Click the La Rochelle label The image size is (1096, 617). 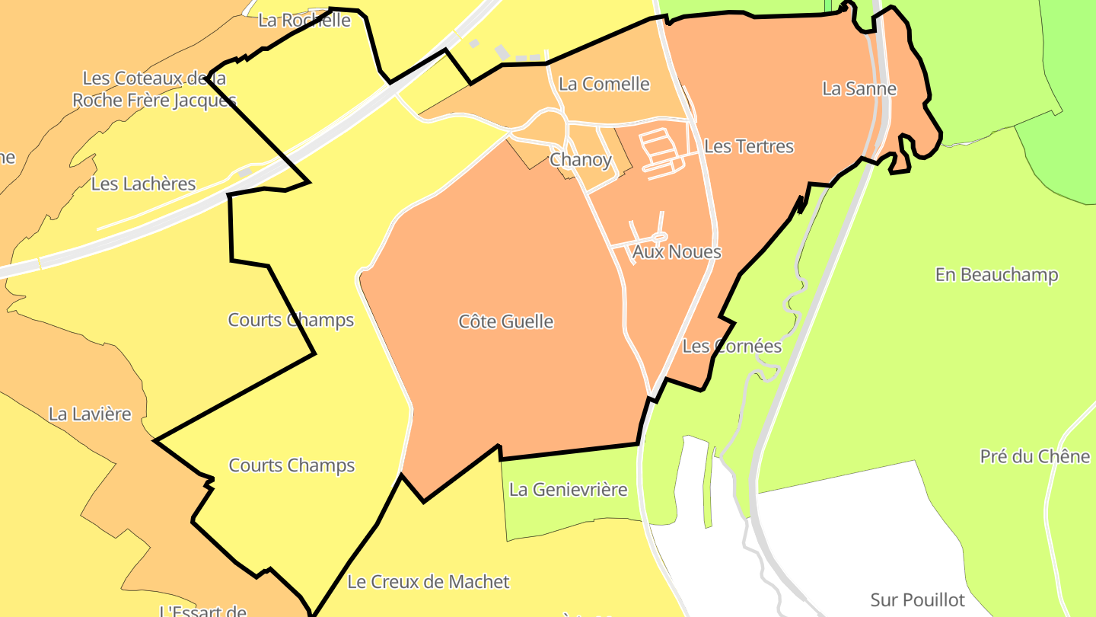(x=304, y=21)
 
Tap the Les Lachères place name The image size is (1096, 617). (x=143, y=184)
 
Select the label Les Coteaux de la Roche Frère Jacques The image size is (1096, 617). (x=154, y=89)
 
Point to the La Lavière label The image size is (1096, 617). (x=90, y=414)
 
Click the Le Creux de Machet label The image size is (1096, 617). (x=428, y=582)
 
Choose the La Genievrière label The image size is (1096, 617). (x=568, y=489)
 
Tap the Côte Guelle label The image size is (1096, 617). (x=505, y=321)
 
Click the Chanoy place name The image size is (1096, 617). (x=580, y=160)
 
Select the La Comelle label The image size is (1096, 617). (x=604, y=84)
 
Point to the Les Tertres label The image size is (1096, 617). (x=749, y=146)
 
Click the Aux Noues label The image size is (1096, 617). (x=677, y=252)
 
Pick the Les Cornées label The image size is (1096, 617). (x=731, y=347)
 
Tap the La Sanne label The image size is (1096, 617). (x=859, y=89)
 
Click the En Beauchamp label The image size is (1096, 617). (x=996, y=275)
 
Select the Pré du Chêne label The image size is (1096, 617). (x=1034, y=456)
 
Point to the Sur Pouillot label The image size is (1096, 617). (x=917, y=600)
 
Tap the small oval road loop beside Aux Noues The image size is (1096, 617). (x=659, y=237)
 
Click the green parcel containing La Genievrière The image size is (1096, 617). (x=571, y=510)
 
